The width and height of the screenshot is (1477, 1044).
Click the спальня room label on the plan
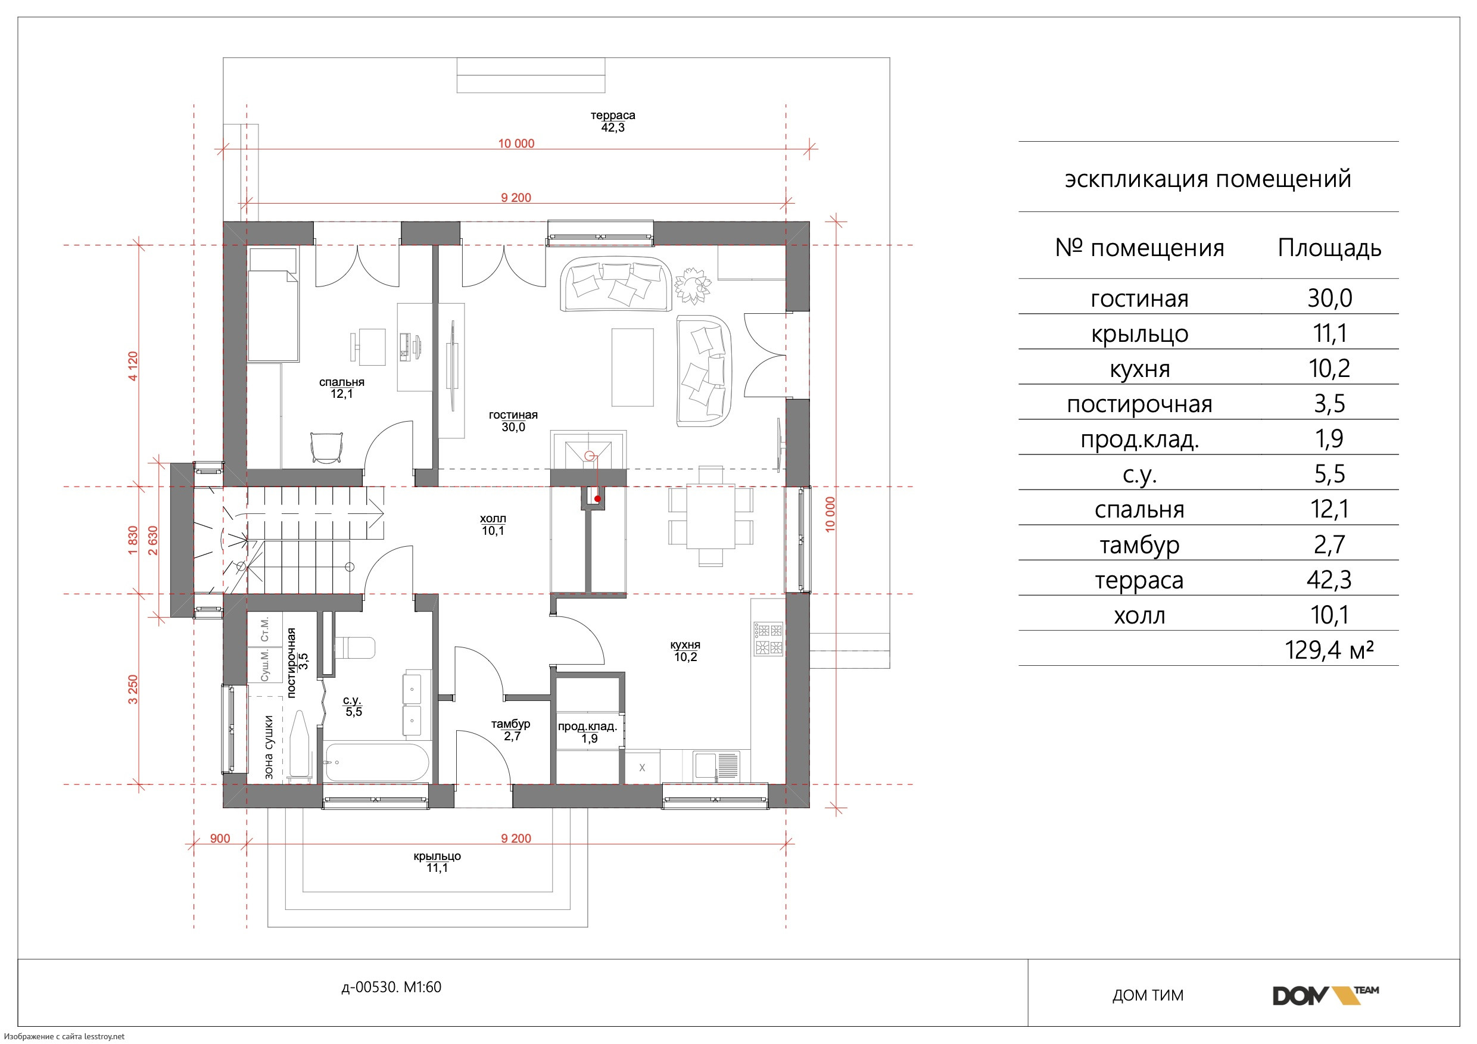pos(342,382)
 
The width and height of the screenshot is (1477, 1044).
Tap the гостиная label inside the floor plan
pos(513,415)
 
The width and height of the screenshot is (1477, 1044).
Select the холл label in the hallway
pos(493,519)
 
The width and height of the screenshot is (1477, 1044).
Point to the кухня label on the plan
pos(685,644)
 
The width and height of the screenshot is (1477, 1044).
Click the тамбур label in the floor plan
pos(511,724)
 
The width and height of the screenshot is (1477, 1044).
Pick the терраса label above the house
pos(613,115)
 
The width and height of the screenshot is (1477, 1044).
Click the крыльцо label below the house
pos(437,856)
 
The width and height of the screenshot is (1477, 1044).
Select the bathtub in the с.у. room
pos(376,763)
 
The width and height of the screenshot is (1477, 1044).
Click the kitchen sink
pos(717,765)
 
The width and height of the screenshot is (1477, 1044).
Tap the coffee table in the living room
pos(632,367)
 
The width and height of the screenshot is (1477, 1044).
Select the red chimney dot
pos(597,498)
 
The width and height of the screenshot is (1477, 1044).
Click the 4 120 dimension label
pos(133,366)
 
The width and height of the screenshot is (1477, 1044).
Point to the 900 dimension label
pos(220,838)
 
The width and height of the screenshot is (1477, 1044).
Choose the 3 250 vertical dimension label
pos(133,689)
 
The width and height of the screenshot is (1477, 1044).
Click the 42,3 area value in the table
pos(1329,579)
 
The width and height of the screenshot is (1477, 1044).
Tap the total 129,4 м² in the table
pos(1329,650)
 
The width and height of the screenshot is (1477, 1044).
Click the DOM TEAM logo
pos(1325,995)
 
